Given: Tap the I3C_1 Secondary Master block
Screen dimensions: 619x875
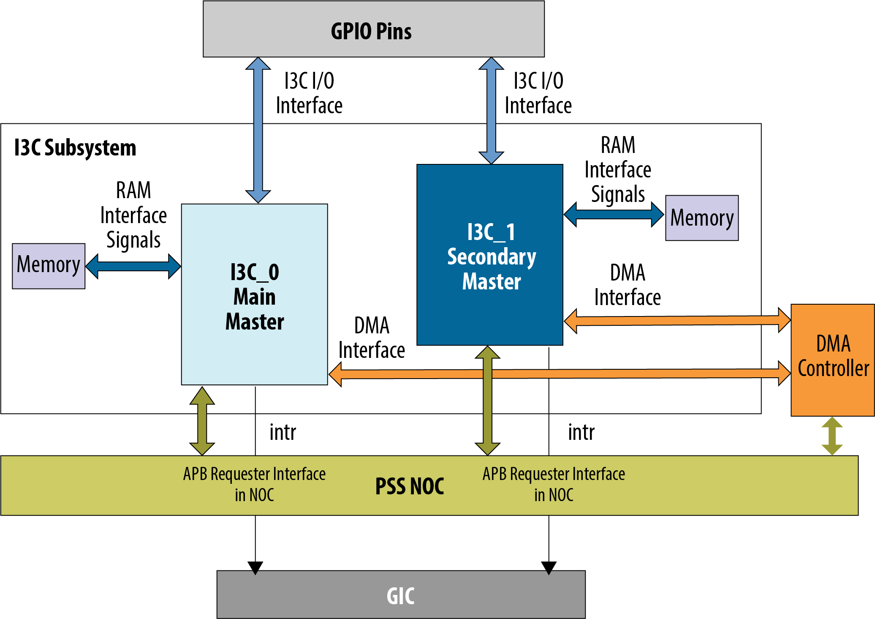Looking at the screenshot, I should [490, 255].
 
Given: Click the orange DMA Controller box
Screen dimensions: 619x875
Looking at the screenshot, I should [832, 360].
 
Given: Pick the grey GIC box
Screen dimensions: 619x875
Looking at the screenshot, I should [401, 594].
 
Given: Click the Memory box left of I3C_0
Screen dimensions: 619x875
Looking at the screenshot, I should [49, 266].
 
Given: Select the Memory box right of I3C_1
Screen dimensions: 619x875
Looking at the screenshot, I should [702, 218].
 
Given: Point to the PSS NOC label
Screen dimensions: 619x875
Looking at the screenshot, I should [410, 486].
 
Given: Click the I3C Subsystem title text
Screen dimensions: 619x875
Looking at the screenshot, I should [75, 148].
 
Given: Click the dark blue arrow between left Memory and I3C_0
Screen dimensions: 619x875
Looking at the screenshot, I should [133, 267].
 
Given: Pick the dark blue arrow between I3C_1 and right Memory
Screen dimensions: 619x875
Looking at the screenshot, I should [614, 214].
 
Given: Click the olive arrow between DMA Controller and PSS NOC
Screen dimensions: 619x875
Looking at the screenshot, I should [832, 436].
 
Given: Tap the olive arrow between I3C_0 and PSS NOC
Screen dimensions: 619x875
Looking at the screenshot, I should [202, 421].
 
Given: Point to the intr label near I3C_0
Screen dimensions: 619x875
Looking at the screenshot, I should [283, 432].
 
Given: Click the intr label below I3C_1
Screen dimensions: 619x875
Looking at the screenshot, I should [581, 432].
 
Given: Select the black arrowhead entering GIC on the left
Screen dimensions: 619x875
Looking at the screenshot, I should [255, 567].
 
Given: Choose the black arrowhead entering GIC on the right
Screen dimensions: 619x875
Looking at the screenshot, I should [549, 567].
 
